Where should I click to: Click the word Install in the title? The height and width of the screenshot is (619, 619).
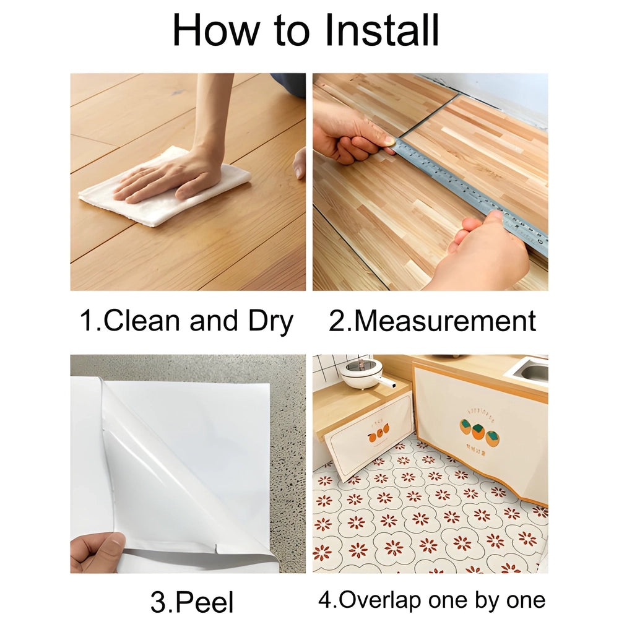[378, 30]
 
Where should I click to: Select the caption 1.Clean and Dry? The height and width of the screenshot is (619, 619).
[186, 322]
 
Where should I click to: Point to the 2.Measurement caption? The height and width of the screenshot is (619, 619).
[431, 322]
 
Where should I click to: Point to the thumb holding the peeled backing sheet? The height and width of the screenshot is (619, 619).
[105, 548]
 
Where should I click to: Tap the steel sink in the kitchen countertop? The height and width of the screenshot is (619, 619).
[531, 371]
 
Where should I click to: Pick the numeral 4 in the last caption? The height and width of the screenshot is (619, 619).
[324, 600]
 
